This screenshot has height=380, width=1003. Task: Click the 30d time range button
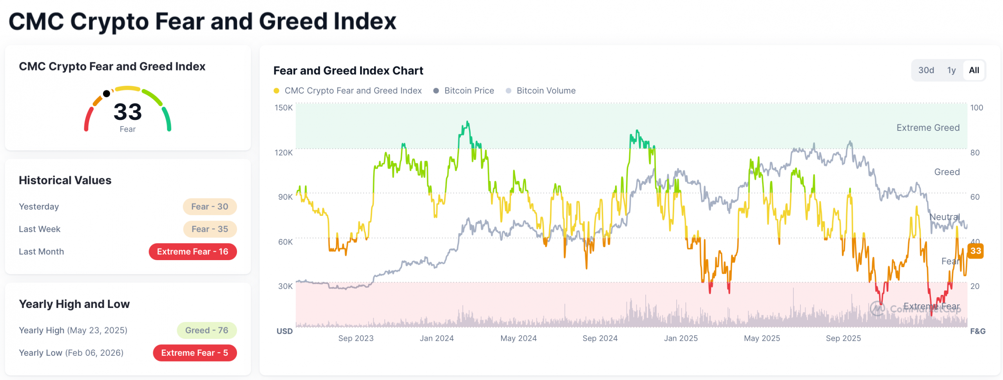[x=926, y=70]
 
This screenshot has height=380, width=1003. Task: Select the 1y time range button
[x=951, y=70]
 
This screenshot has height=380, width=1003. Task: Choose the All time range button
[x=974, y=70]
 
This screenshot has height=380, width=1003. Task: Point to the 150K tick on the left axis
[x=284, y=107]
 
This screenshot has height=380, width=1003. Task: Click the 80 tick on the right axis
[x=975, y=152]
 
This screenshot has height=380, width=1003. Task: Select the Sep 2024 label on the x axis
[x=600, y=338]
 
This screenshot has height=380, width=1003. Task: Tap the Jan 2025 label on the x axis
[x=681, y=338]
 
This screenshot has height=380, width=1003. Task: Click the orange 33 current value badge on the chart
[x=976, y=251]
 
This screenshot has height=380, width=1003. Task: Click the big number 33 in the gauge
[x=127, y=112]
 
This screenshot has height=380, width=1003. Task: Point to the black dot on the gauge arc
[x=106, y=93]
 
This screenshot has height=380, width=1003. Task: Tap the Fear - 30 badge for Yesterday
[x=210, y=206]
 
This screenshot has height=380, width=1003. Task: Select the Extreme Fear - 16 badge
[x=192, y=252]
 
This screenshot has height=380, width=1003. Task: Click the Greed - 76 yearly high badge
[x=206, y=330]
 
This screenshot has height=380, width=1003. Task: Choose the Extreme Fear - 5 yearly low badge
[x=195, y=353]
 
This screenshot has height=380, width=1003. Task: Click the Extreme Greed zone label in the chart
[x=928, y=128]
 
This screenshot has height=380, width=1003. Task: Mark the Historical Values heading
[x=65, y=180]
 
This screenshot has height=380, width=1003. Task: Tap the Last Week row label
[x=40, y=229]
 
